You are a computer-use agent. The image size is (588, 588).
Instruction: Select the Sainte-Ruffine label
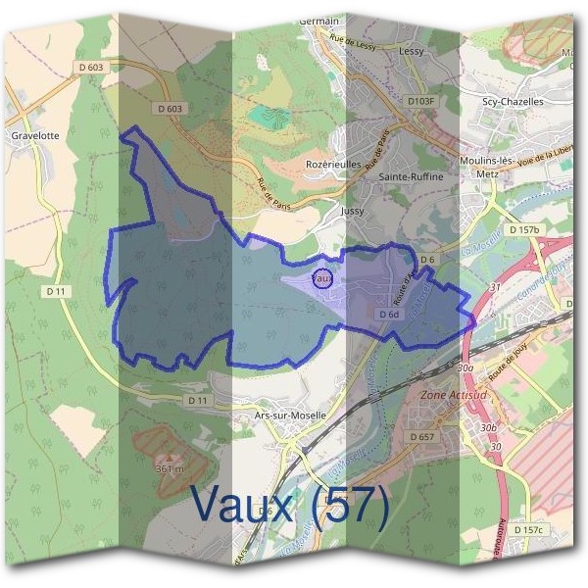[416, 176]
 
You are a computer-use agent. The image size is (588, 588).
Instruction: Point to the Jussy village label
[353, 211]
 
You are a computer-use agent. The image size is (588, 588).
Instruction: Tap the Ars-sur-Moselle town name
[289, 415]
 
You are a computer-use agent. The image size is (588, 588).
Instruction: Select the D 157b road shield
[524, 229]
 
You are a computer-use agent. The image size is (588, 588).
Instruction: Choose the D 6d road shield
[389, 315]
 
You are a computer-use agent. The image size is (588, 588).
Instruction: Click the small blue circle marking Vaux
[322, 278]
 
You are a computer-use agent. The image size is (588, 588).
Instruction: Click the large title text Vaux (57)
[290, 505]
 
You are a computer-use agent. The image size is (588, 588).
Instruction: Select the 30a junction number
[465, 367]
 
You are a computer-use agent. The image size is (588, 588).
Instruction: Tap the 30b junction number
[488, 429]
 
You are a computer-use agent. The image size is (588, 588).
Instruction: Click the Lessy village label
[412, 50]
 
